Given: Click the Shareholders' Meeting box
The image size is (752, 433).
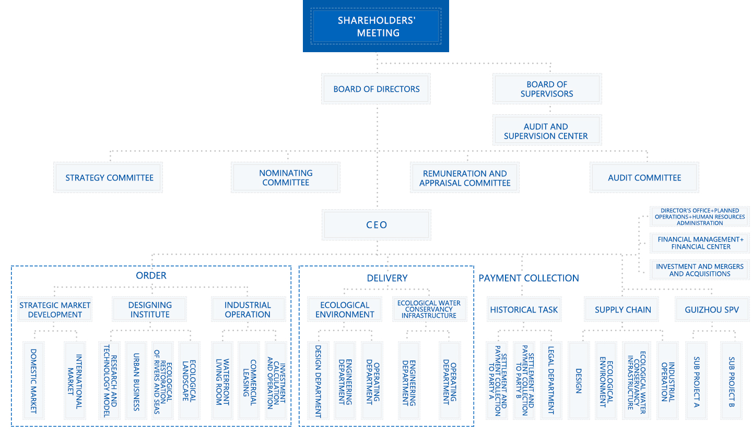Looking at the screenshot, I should [x=376, y=27].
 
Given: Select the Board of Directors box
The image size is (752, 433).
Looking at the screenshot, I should [x=377, y=89].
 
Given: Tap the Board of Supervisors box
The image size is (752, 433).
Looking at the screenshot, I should [x=547, y=89].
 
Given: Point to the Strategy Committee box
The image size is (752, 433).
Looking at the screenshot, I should [x=109, y=178].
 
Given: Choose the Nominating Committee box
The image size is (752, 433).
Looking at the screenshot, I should [x=286, y=178].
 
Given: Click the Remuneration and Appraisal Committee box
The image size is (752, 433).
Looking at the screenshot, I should [x=465, y=178].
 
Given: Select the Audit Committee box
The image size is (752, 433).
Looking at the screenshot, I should [x=644, y=178].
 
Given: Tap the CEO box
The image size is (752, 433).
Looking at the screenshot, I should [x=377, y=225].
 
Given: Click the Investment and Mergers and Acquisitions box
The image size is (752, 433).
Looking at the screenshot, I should [x=700, y=270].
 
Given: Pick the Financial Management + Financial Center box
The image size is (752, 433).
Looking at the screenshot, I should [x=700, y=243].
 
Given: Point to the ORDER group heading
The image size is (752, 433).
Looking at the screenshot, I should [x=151, y=275].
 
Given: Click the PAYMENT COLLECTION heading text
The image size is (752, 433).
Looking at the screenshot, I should [x=528, y=278].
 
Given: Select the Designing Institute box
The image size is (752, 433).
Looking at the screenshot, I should [x=150, y=309].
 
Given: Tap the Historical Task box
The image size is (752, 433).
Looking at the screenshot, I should [x=524, y=309].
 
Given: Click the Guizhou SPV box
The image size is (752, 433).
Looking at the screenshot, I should [x=712, y=309].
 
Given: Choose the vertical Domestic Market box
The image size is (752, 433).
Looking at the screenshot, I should [x=33, y=380].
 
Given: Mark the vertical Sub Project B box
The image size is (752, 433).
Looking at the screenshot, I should [x=731, y=380].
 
